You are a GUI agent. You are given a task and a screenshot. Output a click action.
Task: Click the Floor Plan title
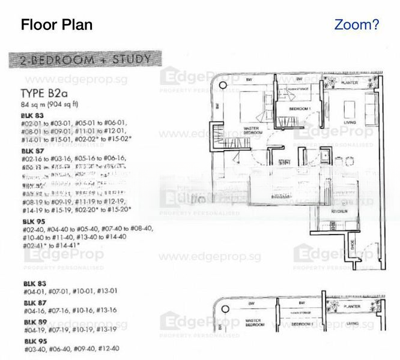pyautogui.click(x=56, y=25)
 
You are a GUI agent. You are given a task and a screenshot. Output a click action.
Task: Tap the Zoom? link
pyautogui.click(x=356, y=25)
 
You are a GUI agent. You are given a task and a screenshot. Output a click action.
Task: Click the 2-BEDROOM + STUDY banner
pyautogui.click(x=85, y=60)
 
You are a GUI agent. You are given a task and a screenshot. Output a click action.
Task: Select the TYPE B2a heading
pyautogui.click(x=46, y=93)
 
